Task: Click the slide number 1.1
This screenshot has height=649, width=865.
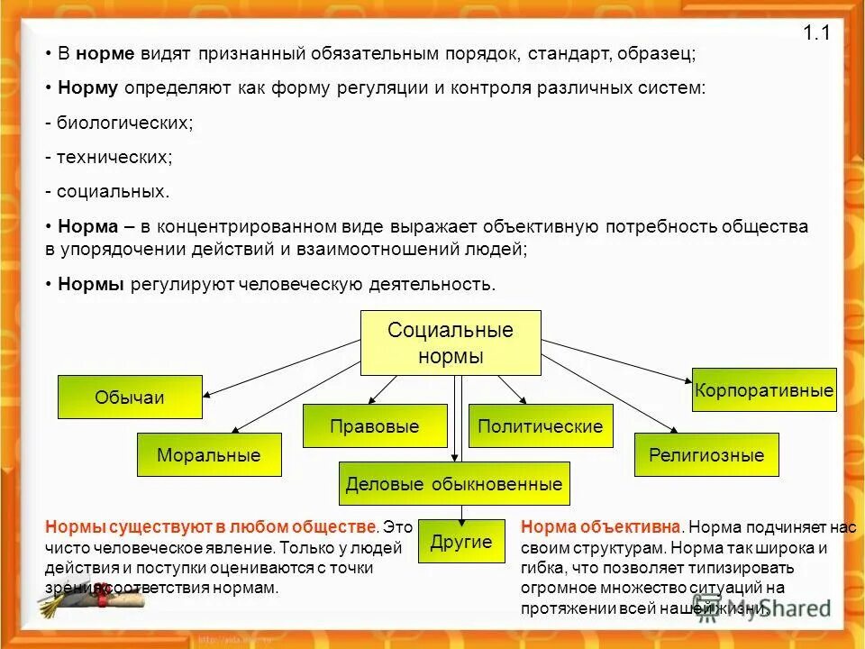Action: pyautogui.click(x=815, y=34)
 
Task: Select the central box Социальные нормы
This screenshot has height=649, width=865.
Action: pyautogui.click(x=451, y=343)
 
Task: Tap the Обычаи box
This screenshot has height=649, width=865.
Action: pyautogui.click(x=130, y=398)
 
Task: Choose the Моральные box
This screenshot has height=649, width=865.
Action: pyautogui.click(x=209, y=455)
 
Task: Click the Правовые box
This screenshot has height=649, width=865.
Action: pyautogui.click(x=375, y=426)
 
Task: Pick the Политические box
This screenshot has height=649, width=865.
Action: pyautogui.click(x=541, y=426)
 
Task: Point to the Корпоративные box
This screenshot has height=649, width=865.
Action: pyautogui.click(x=764, y=390)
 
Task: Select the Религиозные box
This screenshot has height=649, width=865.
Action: pyautogui.click(x=706, y=455)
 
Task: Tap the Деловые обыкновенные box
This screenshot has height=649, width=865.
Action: pyautogui.click(x=454, y=484)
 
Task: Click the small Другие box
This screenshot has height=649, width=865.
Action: pyautogui.click(x=461, y=542)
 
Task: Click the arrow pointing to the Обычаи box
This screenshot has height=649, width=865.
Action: pyautogui.click(x=279, y=369)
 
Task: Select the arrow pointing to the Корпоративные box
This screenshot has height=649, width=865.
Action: pyautogui.click(x=622, y=360)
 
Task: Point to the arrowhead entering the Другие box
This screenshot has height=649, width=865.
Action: pyautogui.click(x=461, y=517)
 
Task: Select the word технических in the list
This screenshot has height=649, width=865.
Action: pyautogui.click(x=114, y=157)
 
